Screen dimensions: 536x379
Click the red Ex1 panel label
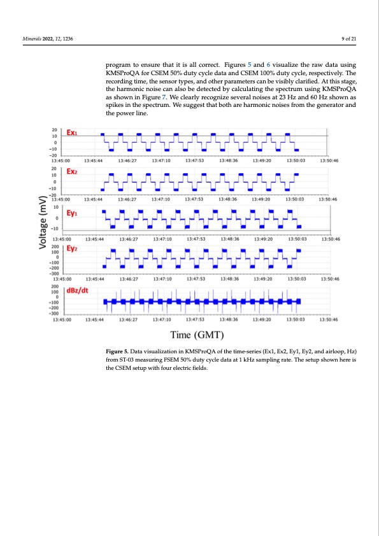73,134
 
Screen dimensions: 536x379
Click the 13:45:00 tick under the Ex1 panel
61,161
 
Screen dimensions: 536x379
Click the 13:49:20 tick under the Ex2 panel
262,199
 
